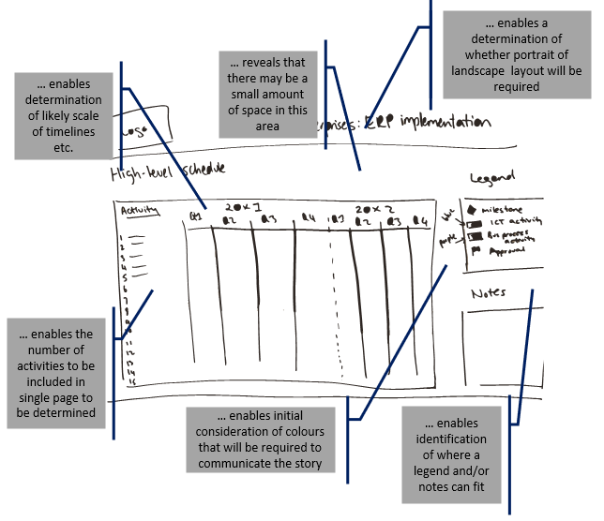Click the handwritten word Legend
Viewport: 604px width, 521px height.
click(x=494, y=179)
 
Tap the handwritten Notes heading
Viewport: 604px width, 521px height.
click(x=489, y=293)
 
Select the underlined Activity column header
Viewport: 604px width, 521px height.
click(x=138, y=211)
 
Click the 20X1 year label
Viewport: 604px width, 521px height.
click(x=241, y=206)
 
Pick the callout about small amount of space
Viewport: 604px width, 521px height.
click(x=267, y=92)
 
